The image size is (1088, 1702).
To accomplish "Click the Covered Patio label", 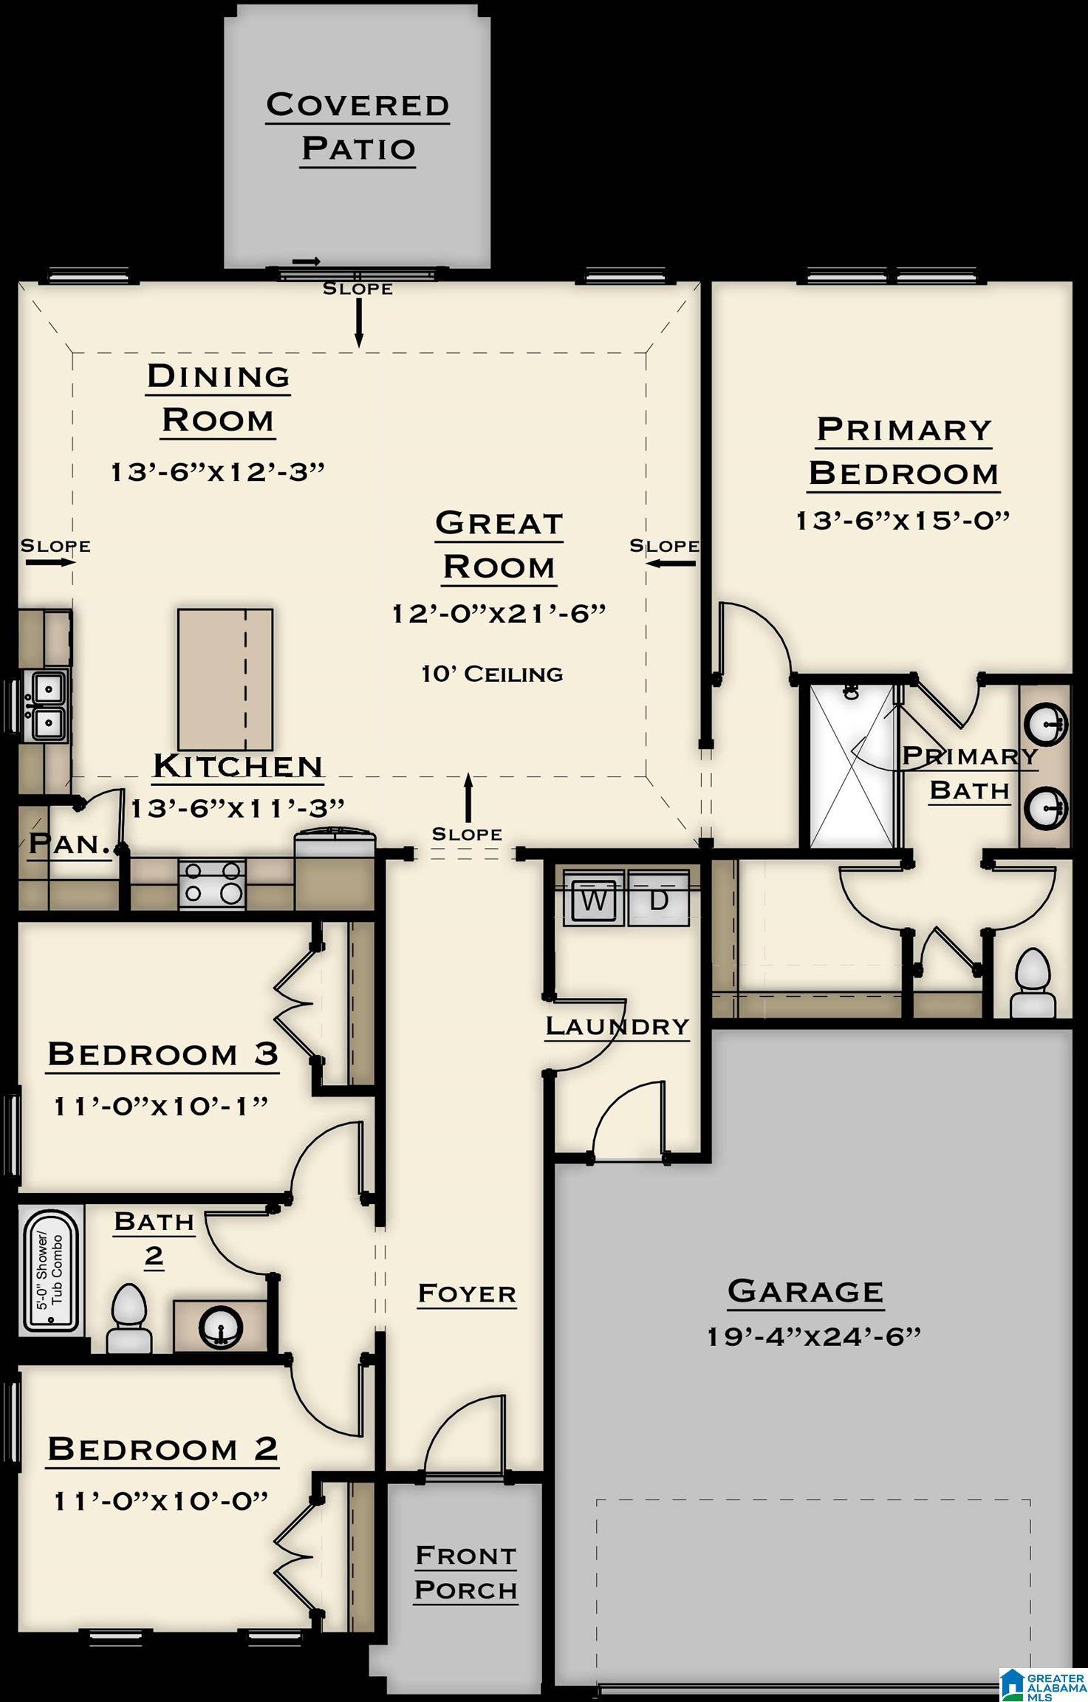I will [x=358, y=126].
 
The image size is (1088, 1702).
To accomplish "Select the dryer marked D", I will [x=658, y=900].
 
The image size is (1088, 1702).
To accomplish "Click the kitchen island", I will [x=225, y=680].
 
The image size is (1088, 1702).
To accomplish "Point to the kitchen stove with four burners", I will [x=212, y=884].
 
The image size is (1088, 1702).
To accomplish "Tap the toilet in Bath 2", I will [x=129, y=1317].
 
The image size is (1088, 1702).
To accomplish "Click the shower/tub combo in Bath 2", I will [x=51, y=1270].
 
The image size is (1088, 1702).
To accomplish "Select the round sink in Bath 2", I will [x=220, y=1327].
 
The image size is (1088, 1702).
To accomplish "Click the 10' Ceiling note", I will [x=492, y=674].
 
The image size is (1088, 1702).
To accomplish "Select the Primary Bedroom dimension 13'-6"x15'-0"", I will [x=903, y=521].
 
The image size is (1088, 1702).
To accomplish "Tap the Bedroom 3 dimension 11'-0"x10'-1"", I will [x=161, y=1107].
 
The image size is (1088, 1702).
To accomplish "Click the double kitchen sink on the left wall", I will [x=46, y=704].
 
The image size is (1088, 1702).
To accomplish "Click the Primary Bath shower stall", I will [x=852, y=765].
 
